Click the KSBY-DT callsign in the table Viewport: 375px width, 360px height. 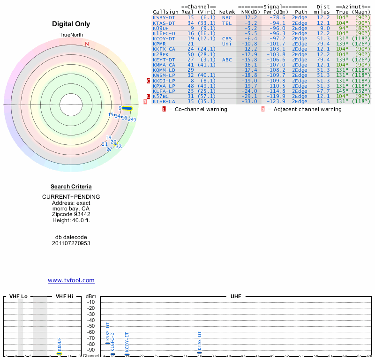(x=164, y=17)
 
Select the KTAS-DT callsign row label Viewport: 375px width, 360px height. (x=164, y=23)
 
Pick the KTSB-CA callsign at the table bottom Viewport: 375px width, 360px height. (x=164, y=101)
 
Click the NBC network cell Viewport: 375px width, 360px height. (x=227, y=17)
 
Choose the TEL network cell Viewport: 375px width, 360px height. (x=227, y=23)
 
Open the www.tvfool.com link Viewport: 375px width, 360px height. (x=71, y=280)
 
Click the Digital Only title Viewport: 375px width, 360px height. (x=71, y=24)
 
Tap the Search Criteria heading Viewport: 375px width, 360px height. (x=71, y=187)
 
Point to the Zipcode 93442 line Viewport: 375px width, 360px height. (x=71, y=214)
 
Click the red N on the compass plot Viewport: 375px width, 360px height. (x=87, y=44)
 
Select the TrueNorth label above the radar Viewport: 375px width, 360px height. (x=71, y=35)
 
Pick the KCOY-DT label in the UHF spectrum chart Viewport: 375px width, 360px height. (x=127, y=342)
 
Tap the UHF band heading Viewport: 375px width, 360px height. (x=236, y=297)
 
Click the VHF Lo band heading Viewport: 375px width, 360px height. (x=18, y=297)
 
